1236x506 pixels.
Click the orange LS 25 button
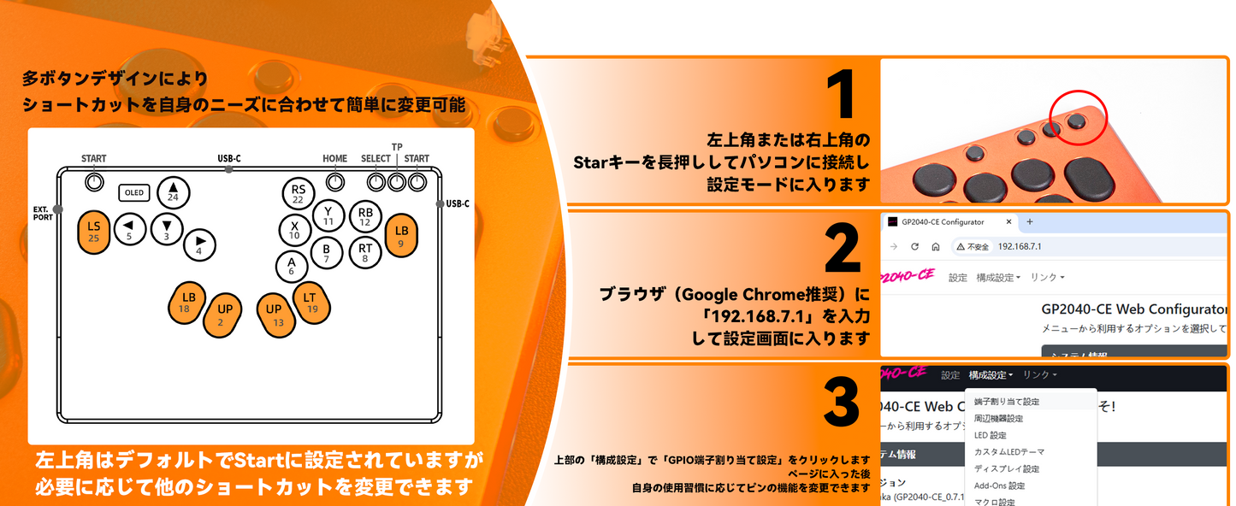point(94,231)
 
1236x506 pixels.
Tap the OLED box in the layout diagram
point(134,192)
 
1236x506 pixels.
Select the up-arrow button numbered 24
point(173,192)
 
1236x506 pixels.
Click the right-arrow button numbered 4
point(199,245)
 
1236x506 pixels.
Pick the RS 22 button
point(298,194)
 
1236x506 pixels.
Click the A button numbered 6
point(291,266)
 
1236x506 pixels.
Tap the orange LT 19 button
point(311,303)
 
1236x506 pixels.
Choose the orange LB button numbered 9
point(401,236)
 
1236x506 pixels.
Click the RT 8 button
point(365,252)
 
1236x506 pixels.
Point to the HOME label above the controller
point(335,158)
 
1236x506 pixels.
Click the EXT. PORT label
point(43,213)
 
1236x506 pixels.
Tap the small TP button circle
point(396,182)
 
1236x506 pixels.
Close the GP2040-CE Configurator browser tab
point(1008,222)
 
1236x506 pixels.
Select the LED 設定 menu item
point(990,435)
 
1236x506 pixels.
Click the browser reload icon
point(915,247)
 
